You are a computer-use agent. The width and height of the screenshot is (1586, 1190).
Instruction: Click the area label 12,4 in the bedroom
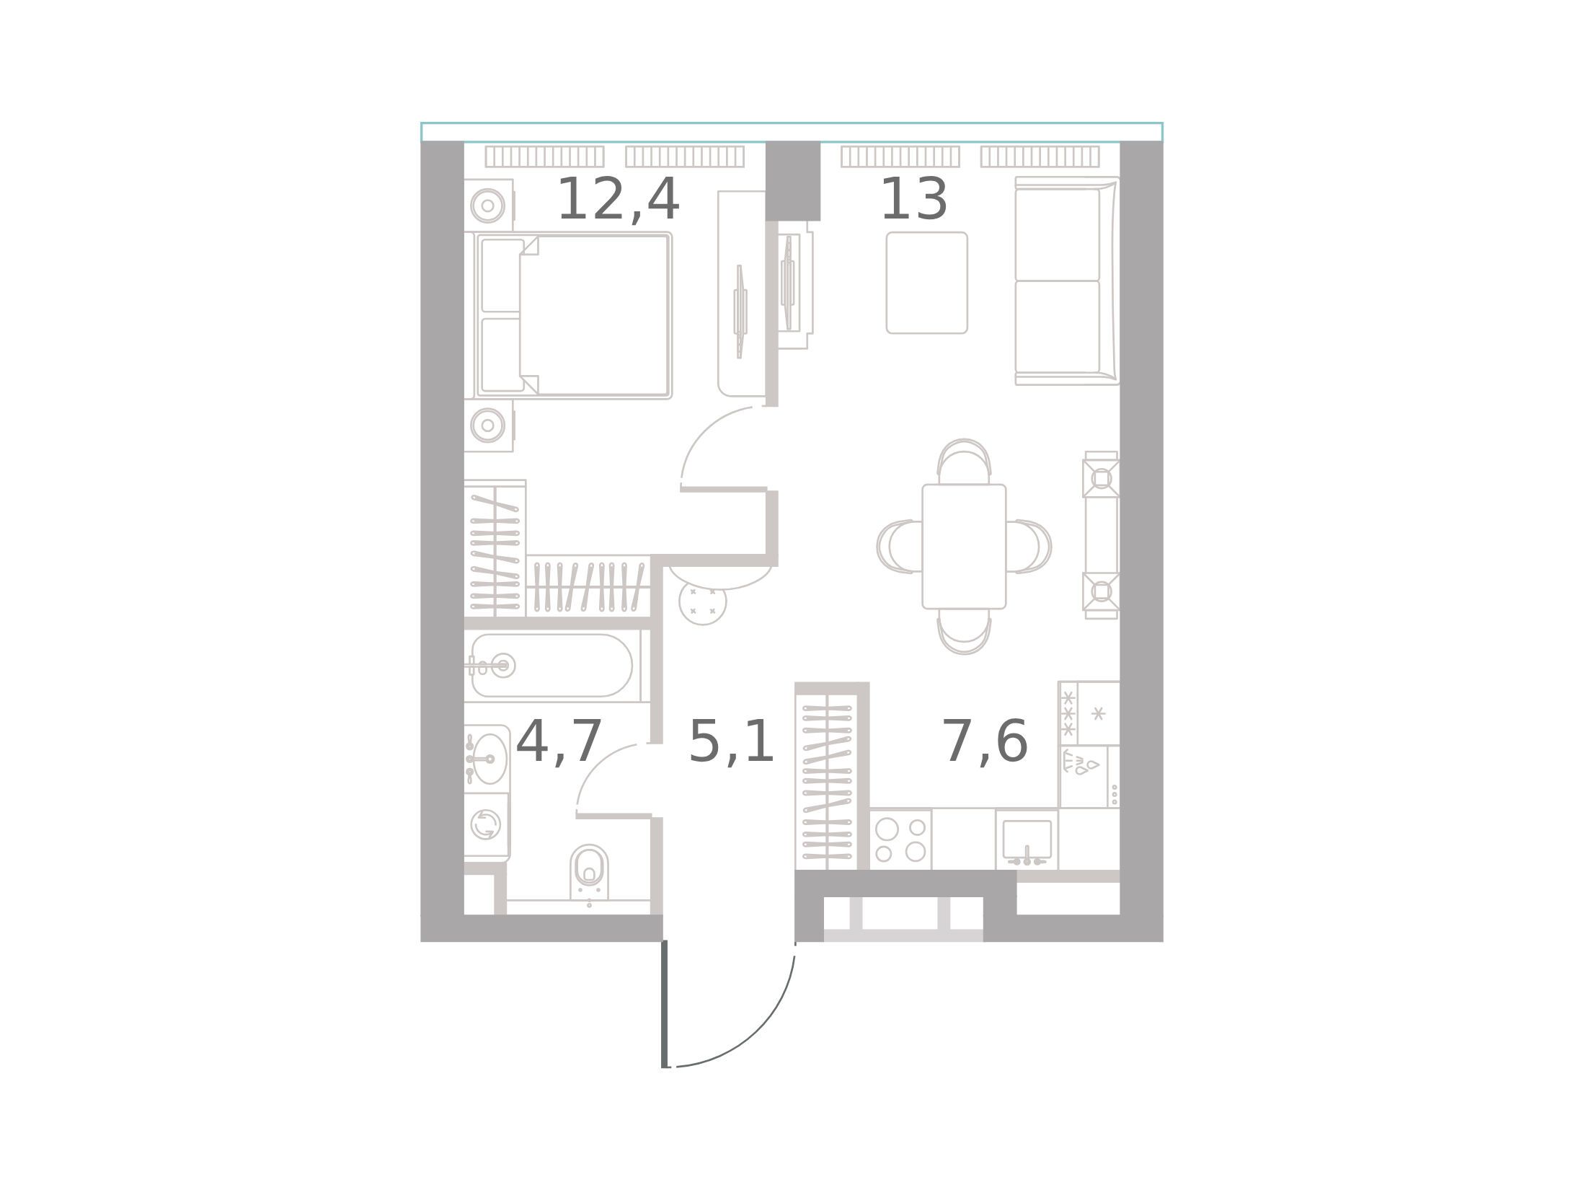[619, 200]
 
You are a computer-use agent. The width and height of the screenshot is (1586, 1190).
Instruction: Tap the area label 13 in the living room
[914, 200]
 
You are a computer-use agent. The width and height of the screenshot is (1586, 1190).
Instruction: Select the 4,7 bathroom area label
[559, 743]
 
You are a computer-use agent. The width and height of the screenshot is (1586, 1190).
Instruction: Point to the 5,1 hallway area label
[731, 743]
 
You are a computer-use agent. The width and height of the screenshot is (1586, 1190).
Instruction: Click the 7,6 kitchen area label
[985, 743]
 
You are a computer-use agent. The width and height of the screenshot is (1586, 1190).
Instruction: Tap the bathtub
[552, 665]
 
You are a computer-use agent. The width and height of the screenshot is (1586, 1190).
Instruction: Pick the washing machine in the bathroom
[486, 824]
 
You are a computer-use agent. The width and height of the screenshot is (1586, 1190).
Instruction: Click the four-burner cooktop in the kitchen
[900, 839]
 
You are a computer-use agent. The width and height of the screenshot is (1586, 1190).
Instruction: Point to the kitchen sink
[1027, 840]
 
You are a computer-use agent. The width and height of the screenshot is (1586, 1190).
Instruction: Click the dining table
[964, 547]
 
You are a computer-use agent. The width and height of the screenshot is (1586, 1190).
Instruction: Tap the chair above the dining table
[965, 462]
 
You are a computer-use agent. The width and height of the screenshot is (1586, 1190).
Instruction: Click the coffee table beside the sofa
[926, 283]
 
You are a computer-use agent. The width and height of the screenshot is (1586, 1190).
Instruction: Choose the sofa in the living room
[1067, 281]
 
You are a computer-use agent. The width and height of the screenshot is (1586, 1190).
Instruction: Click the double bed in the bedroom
[573, 315]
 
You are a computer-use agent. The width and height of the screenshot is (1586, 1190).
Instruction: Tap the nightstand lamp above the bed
[488, 206]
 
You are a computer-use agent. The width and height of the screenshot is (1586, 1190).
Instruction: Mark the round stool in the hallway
[702, 601]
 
